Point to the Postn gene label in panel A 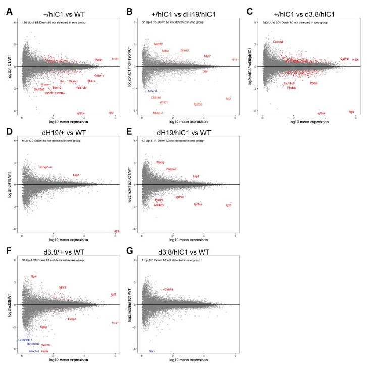click(99, 60)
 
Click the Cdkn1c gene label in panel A click(99, 76)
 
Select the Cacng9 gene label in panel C click(278, 42)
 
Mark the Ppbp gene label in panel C click(313, 83)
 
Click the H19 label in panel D click(116, 231)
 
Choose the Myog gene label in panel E click(160, 162)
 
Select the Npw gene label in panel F click(34, 276)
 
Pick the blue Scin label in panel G click(152, 350)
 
